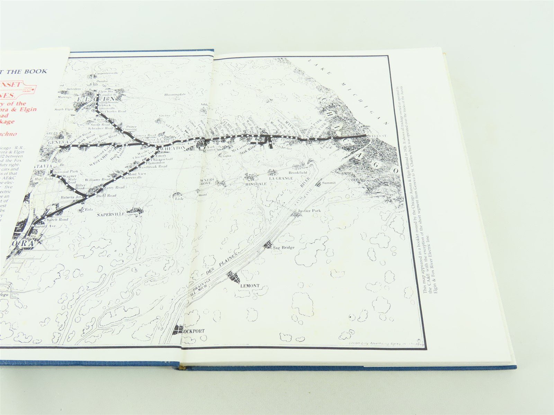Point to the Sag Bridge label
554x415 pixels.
click(x=283, y=248)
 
